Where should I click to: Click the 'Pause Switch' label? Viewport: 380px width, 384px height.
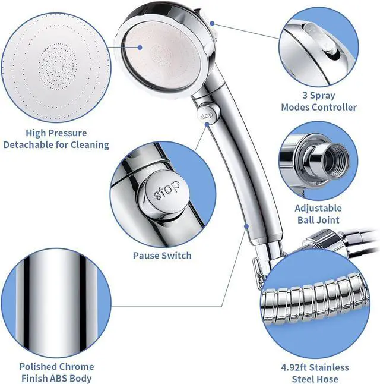(162, 255)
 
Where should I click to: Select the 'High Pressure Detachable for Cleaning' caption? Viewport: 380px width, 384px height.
(56, 139)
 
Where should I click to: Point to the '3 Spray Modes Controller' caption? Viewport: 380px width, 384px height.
(319, 101)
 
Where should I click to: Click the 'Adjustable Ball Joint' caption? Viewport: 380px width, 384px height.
(318, 214)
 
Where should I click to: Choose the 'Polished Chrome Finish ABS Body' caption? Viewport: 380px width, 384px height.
(56, 373)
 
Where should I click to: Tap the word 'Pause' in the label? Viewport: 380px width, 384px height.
(147, 255)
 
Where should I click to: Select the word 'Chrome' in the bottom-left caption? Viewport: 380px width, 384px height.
(75, 367)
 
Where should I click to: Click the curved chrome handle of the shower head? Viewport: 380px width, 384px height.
(237, 178)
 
